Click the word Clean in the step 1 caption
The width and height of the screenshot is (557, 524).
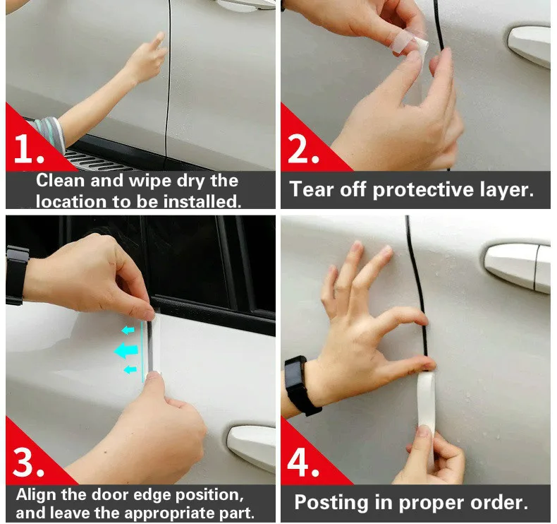pyautogui.click(x=61, y=180)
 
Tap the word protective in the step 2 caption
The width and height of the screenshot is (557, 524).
pyautogui.click(x=423, y=189)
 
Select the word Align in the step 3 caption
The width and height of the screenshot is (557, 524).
pyautogui.click(x=37, y=495)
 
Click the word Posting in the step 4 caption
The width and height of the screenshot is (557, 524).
pyautogui.click(x=332, y=503)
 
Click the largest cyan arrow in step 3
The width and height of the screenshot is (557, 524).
pyautogui.click(x=126, y=351)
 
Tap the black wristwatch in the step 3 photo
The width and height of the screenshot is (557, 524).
pyautogui.click(x=16, y=275)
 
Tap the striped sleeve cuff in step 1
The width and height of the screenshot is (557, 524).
pyautogui.click(x=50, y=133)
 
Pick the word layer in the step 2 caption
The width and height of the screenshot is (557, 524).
pyautogui.click(x=507, y=190)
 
